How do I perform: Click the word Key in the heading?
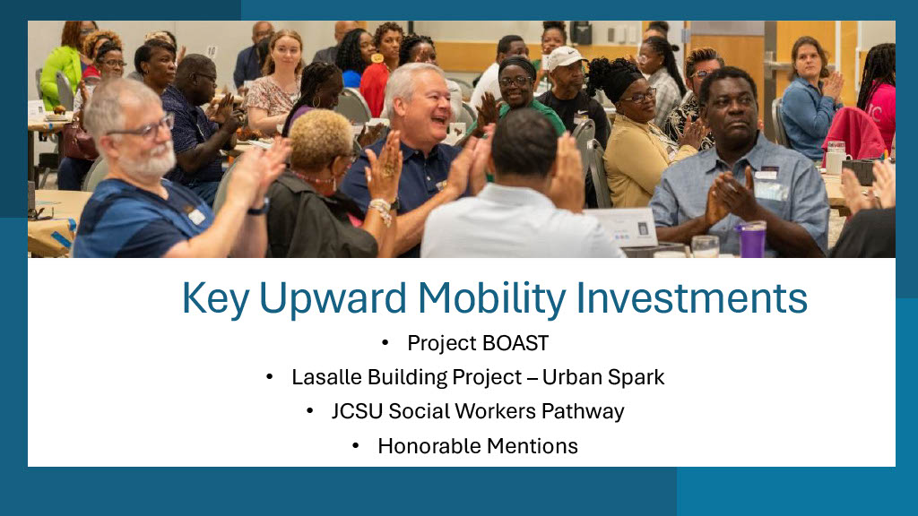pos(215,299)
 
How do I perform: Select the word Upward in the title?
pos(333,299)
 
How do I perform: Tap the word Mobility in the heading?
pos(492,299)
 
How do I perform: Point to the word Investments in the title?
pos(692,297)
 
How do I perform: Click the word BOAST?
pos(515,343)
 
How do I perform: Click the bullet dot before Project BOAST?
pos(385,343)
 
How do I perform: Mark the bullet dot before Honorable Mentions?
pos(355,446)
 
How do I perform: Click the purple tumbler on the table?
pos(752,239)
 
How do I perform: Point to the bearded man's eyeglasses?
pos(143,128)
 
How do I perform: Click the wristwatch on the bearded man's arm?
pos(259,207)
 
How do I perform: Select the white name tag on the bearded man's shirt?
pos(197,217)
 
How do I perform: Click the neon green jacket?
pos(62,75)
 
